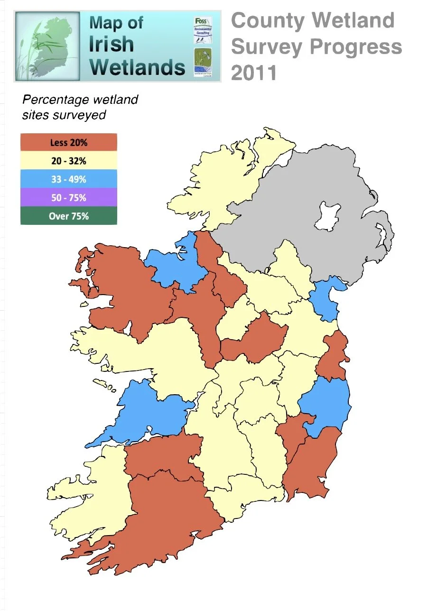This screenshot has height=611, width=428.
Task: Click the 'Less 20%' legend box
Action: coord(68,142)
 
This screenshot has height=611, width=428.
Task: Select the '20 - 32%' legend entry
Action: coord(68,161)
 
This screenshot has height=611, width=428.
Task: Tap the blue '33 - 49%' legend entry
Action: coord(68,179)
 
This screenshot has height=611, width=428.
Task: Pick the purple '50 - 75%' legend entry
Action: coord(68,198)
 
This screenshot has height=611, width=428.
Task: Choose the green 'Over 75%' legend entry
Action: coord(68,216)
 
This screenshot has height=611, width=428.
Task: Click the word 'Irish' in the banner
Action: coord(112,44)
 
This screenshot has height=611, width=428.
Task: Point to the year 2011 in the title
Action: coord(254,73)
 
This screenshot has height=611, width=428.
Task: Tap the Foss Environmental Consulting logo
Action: coord(203,29)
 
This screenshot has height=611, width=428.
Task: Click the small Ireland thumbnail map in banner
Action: coord(47,46)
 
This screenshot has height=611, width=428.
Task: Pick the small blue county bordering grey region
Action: coord(327,299)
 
